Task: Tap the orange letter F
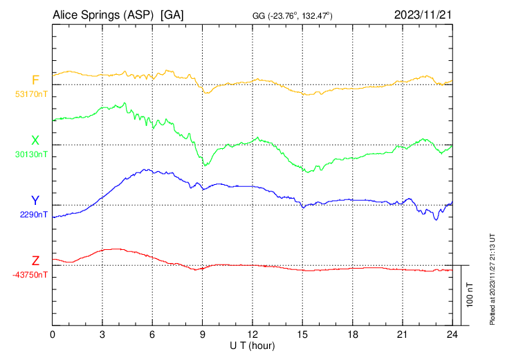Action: [35, 80]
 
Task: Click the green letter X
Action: [35, 140]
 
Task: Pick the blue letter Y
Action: [35, 200]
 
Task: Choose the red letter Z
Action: [35, 260]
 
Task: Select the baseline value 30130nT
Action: [31, 154]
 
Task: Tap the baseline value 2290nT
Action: [33, 214]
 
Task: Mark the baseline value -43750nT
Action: [30, 274]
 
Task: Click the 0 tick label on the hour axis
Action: [53, 334]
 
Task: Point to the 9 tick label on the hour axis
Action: [203, 334]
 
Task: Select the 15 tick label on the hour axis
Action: [302, 334]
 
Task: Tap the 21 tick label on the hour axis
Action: [403, 334]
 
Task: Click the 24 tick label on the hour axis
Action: [452, 334]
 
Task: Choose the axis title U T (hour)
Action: [252, 345]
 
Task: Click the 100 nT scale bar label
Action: [470, 295]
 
